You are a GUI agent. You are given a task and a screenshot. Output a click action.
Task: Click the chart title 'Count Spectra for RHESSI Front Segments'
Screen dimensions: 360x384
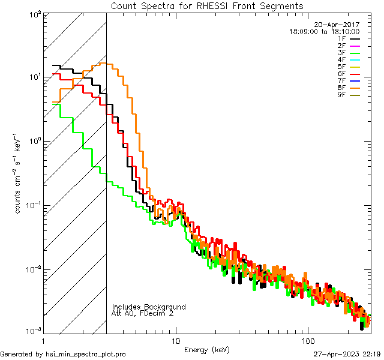pos(207,5)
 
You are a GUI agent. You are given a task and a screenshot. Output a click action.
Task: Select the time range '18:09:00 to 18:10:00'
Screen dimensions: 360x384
pos(325,31)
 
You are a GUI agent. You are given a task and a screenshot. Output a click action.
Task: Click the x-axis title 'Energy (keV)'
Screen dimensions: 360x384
pos(207,349)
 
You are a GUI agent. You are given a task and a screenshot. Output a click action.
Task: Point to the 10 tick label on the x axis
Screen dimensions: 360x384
pos(176,340)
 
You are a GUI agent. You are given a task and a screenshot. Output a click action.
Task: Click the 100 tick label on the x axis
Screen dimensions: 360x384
pos(307,340)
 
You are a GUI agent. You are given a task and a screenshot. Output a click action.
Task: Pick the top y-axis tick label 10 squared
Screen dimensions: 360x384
pos(34,14)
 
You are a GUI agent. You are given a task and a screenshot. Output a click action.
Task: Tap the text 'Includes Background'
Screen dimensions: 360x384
pos(149,307)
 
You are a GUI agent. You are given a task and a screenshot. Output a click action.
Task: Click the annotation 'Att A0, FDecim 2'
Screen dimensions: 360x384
pos(143,314)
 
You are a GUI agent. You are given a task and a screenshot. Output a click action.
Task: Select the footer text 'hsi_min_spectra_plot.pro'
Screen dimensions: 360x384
pos(86,354)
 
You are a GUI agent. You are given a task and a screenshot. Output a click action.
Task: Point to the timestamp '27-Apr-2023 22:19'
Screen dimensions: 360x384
pos(347,354)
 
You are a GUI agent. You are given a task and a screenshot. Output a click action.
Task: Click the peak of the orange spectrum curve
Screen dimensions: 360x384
pos(103,63)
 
